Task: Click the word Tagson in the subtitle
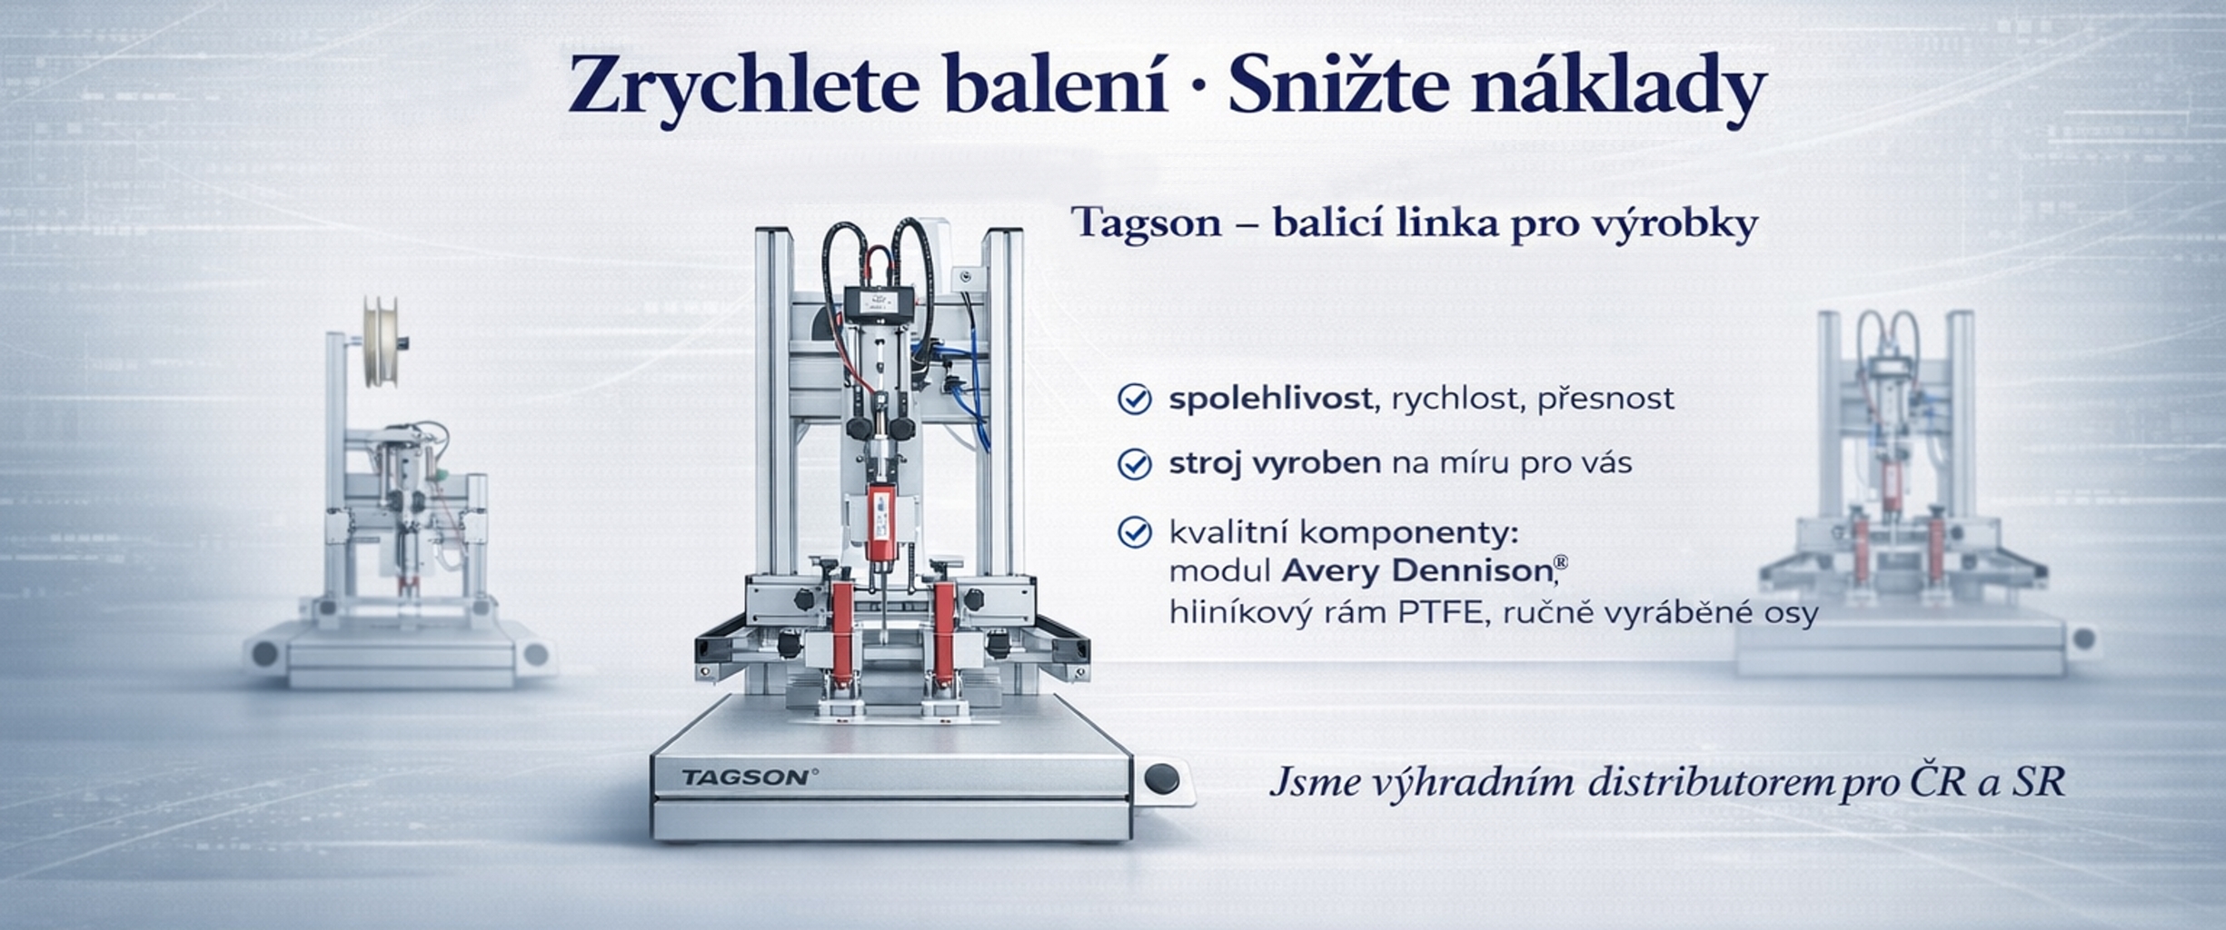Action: point(1146,223)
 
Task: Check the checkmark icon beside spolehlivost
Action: point(1134,399)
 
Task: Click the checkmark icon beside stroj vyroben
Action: point(1134,464)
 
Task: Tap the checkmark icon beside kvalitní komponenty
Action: point(1134,532)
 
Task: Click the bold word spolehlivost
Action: point(1269,399)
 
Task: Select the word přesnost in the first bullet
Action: point(1605,399)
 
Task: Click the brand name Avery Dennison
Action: point(1416,571)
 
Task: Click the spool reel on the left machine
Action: point(381,341)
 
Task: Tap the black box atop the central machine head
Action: point(879,301)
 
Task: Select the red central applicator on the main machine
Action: point(879,522)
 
